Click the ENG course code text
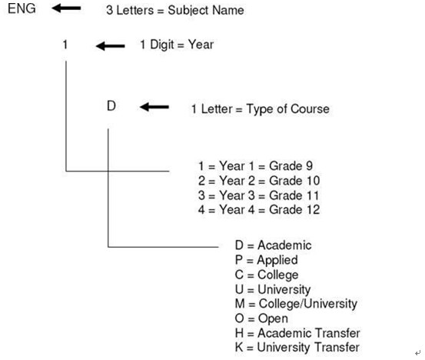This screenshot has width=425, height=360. coord(22,8)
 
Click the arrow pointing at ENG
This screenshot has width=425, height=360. coord(66,8)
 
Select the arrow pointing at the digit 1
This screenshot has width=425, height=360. coord(111,46)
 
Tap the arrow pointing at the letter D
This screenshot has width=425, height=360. coord(154,107)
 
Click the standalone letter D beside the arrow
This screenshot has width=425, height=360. coord(111,106)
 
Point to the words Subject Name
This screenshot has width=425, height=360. coord(206,10)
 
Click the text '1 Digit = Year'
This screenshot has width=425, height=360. coord(177,45)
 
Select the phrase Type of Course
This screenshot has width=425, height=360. coord(288,108)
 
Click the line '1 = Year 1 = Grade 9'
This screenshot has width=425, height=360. coord(256,165)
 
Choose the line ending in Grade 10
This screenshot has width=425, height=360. coord(259,181)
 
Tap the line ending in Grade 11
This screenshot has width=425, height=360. coord(258,195)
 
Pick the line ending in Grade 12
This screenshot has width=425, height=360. coord(259,209)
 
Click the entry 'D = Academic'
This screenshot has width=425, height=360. coord(274,245)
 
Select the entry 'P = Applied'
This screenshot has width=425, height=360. coord(267,260)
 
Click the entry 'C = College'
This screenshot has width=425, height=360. coord(267,275)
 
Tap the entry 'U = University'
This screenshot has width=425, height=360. coord(273,289)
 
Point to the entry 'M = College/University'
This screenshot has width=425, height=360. coord(296,304)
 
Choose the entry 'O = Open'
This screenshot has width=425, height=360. coord(261,318)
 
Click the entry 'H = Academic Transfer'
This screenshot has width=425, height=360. coord(297,333)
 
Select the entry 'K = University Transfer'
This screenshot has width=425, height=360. coord(297,347)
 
